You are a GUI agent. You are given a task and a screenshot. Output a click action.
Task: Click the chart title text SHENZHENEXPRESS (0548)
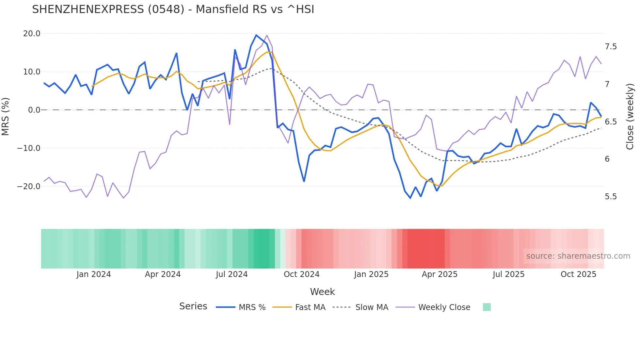(173, 9)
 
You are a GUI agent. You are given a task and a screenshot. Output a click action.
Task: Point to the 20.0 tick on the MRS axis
(32, 34)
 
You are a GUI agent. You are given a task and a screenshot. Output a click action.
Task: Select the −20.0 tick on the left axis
(29, 187)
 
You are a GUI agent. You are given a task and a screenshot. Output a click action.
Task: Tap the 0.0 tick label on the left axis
(34, 110)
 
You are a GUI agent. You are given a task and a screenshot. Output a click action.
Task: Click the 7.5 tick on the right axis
(611, 47)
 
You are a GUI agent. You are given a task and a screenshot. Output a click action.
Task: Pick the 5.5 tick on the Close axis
(611, 197)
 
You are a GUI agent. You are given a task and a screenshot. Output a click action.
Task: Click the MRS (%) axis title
(6, 117)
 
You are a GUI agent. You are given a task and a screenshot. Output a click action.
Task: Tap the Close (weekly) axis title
(630, 117)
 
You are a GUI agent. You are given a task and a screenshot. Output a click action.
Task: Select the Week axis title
(322, 292)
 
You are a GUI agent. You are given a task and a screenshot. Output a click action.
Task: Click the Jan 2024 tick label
(94, 274)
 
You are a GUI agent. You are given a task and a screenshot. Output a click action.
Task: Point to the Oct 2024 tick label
(301, 274)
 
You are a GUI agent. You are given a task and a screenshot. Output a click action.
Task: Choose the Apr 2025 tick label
(440, 274)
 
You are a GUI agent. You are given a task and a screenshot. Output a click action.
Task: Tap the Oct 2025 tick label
(578, 274)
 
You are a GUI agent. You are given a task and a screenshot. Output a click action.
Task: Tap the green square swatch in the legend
(487, 307)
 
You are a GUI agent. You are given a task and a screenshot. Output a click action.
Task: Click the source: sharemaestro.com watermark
(578, 256)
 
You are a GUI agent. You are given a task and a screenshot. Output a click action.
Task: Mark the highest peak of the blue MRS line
(256, 35)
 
